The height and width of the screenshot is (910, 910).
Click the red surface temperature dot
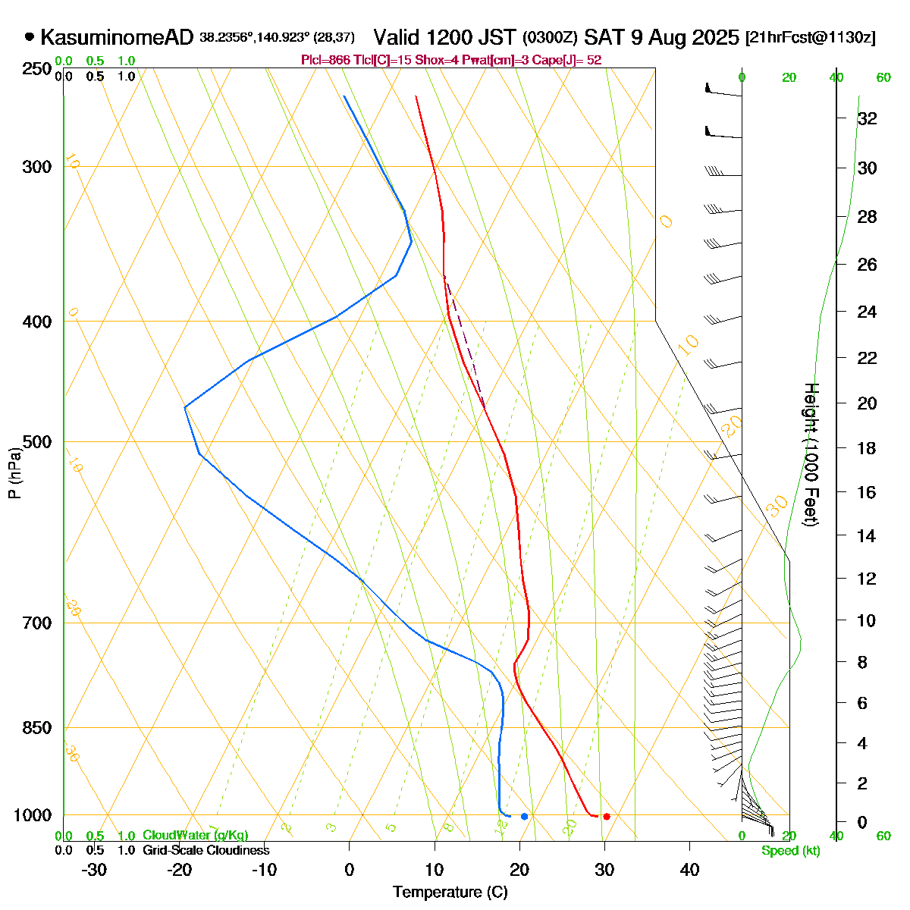coord(606,816)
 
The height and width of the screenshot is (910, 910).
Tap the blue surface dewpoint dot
coord(524,816)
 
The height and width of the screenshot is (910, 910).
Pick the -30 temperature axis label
coord(94,870)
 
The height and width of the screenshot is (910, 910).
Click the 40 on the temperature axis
coord(689,870)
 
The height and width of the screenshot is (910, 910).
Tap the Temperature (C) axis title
coord(450,892)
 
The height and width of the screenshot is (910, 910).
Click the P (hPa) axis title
coord(14,473)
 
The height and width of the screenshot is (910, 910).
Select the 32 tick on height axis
coord(867,119)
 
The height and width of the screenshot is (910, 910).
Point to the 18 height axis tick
coord(867,448)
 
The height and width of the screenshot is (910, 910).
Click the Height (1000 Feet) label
coord(811,455)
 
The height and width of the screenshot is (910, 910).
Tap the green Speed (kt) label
coord(791,851)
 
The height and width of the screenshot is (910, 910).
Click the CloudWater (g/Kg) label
coord(195,836)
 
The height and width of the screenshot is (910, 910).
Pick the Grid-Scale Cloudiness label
coord(206,851)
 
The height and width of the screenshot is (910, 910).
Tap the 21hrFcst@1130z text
coord(811,38)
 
